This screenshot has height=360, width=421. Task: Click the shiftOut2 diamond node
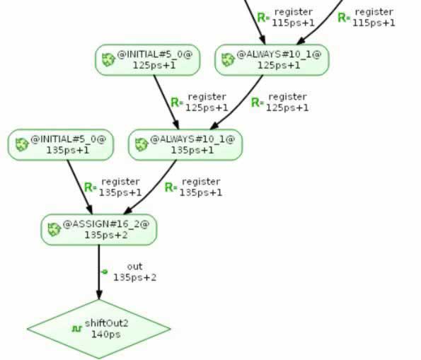[x=99, y=329]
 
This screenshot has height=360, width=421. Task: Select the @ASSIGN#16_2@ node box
[x=99, y=230]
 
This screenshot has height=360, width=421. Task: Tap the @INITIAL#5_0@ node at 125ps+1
[x=148, y=60]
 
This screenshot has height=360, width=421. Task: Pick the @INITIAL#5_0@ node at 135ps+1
[x=61, y=145]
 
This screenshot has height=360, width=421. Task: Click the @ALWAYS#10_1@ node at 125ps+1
[x=272, y=60]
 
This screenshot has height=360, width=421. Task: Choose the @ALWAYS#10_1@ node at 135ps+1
[x=185, y=145]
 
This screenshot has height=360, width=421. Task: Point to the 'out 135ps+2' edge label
[x=134, y=272]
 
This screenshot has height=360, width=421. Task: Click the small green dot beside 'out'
[x=105, y=272]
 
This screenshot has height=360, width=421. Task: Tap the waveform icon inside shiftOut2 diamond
[x=77, y=329]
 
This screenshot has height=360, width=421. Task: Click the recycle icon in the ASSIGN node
[x=54, y=230]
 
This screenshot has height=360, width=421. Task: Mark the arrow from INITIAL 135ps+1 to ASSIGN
[x=80, y=187]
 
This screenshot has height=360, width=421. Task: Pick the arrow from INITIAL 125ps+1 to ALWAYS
[x=166, y=103]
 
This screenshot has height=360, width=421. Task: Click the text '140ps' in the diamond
[x=106, y=335]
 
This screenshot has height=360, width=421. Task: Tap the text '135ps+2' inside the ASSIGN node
[x=106, y=236]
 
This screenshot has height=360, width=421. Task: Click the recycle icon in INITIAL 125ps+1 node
[x=109, y=60]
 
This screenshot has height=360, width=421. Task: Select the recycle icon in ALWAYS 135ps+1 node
[x=142, y=145]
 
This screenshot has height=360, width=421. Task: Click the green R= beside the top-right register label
[x=344, y=18]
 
